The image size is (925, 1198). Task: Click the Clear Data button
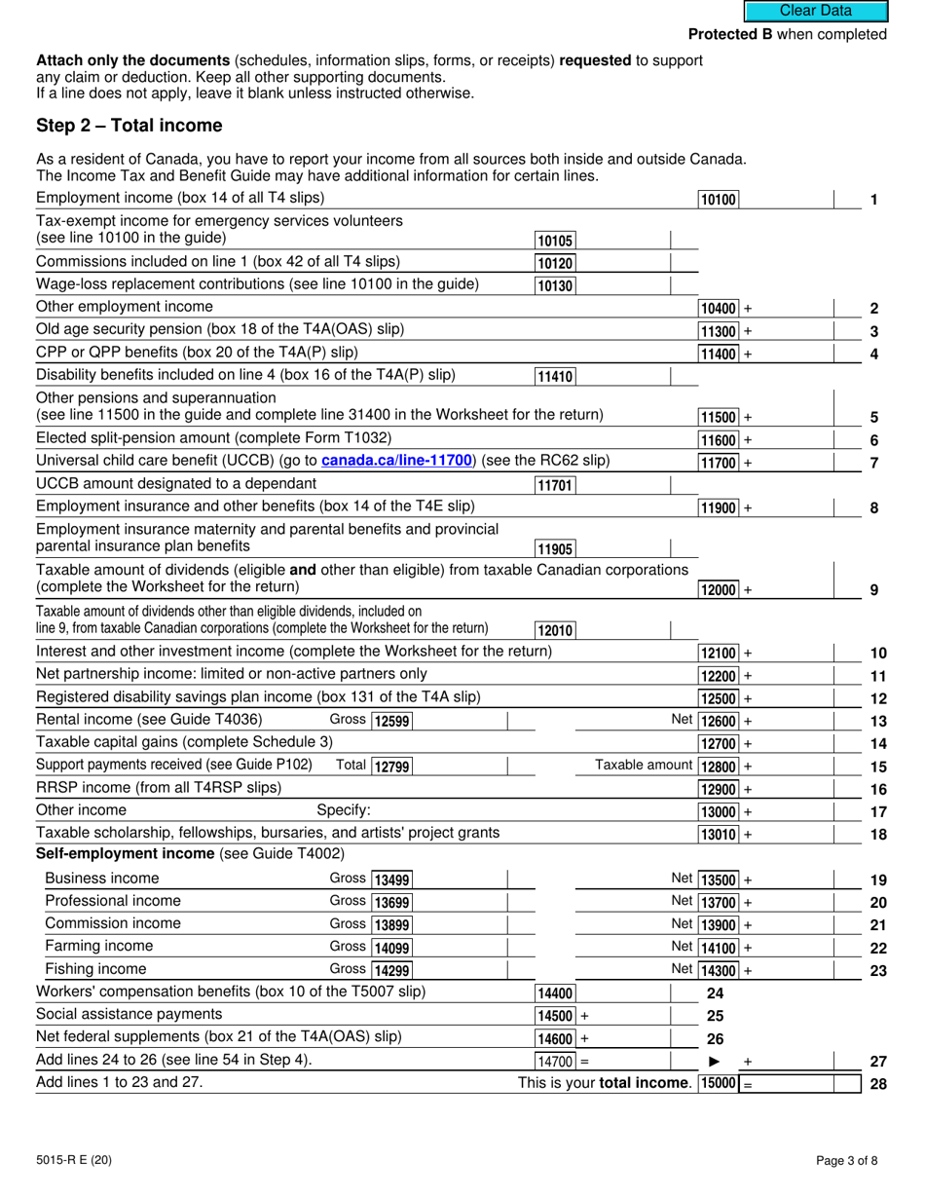(816, 11)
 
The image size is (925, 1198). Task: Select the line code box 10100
(719, 200)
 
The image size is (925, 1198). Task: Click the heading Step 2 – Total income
(129, 126)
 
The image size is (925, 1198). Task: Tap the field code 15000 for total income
(719, 1084)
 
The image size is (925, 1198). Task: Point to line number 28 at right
(877, 1084)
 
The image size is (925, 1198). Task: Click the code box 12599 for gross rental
(391, 721)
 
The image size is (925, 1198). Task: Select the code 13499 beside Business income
(391, 880)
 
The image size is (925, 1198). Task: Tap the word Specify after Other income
(344, 810)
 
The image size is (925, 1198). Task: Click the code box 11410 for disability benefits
(555, 377)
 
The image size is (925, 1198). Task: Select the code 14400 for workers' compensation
(555, 993)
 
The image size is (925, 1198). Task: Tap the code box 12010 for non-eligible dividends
(555, 630)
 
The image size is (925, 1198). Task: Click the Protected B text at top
(787, 35)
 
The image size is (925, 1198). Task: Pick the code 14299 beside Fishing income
(391, 970)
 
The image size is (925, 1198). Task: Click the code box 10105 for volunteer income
(555, 241)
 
